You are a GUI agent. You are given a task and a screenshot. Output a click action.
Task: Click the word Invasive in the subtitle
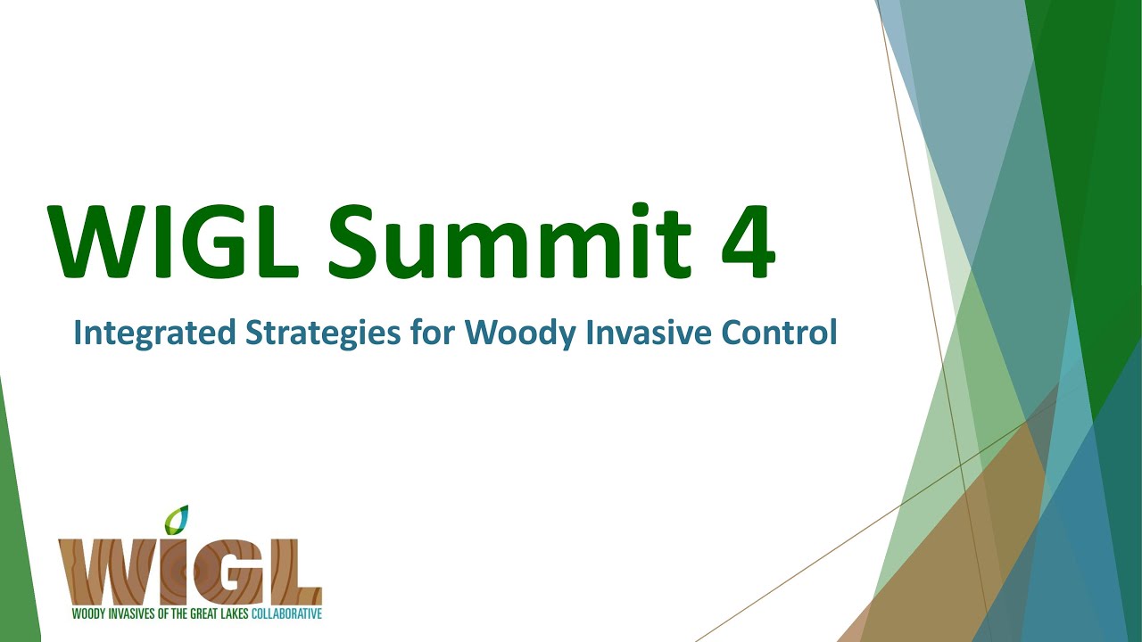pos(646,333)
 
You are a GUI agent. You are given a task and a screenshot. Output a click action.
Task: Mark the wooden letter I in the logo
pos(173,574)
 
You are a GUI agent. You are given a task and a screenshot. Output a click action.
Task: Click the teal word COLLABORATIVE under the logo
pos(286,614)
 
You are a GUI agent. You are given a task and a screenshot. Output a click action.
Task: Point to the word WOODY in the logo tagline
pos(87,614)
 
